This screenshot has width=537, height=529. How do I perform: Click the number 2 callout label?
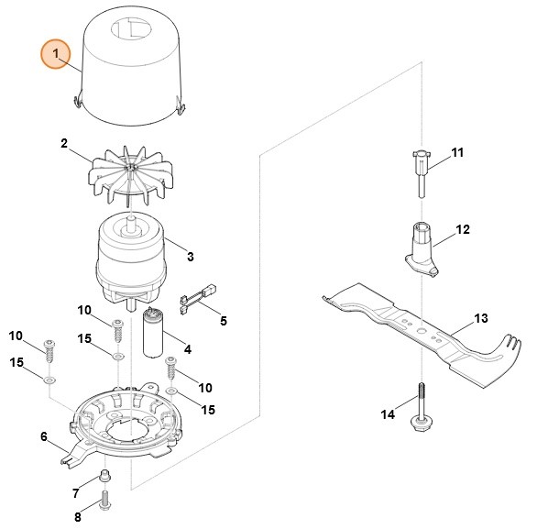[64, 143]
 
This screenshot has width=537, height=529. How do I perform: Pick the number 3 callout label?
[190, 258]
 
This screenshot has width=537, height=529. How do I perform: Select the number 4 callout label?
[187, 349]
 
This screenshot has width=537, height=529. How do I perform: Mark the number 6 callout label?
[43, 436]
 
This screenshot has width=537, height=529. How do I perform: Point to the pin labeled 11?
[421, 170]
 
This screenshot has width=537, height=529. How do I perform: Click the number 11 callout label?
[458, 151]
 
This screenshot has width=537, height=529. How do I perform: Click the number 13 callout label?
[481, 320]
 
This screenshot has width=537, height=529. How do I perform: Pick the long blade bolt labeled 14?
[421, 404]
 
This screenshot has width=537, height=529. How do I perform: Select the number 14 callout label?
[388, 415]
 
